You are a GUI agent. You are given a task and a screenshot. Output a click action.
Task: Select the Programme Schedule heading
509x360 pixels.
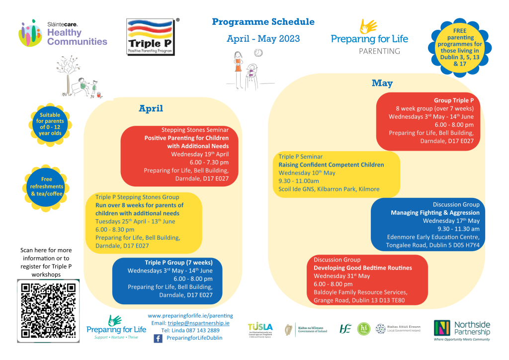point(263,22)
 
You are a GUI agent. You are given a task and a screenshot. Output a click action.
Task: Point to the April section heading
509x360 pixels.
point(151,108)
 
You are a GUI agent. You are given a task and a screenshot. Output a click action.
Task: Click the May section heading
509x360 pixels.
point(382,83)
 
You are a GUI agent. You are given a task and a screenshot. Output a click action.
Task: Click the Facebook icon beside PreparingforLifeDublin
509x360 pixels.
point(158,338)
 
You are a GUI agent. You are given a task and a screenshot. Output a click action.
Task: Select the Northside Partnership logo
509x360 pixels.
point(462,329)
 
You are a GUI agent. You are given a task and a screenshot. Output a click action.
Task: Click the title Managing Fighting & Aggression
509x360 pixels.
point(435,213)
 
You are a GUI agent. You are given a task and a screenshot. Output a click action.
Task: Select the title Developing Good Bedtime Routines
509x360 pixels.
point(362,268)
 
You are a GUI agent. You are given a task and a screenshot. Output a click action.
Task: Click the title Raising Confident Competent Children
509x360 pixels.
point(331,165)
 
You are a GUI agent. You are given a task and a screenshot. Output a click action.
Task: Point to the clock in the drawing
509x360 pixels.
point(258,53)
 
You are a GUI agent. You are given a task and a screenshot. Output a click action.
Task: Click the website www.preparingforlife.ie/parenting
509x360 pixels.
point(190,315)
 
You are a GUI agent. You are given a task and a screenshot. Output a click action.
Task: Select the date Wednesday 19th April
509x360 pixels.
point(200,154)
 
